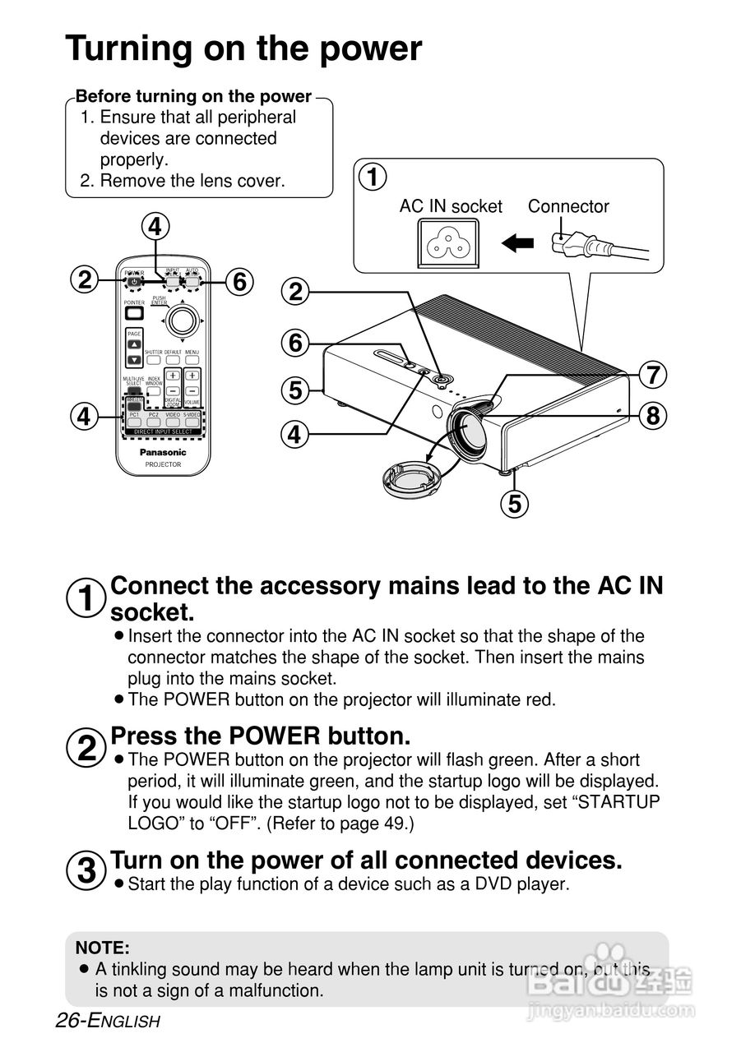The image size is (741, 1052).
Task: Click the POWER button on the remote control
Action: coord(134,283)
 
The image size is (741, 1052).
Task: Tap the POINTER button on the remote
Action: coord(134,313)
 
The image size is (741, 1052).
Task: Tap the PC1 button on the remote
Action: coord(134,422)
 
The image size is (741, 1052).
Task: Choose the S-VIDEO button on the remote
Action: coord(192,422)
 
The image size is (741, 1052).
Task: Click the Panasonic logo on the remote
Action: coord(163,452)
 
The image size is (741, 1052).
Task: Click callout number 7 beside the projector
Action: coord(652,375)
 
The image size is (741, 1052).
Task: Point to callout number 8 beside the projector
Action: coord(652,416)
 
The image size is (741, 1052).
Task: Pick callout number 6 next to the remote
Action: coord(239,282)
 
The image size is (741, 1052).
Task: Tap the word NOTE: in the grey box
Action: coord(103,948)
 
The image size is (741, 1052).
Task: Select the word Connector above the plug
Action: coord(568,206)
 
